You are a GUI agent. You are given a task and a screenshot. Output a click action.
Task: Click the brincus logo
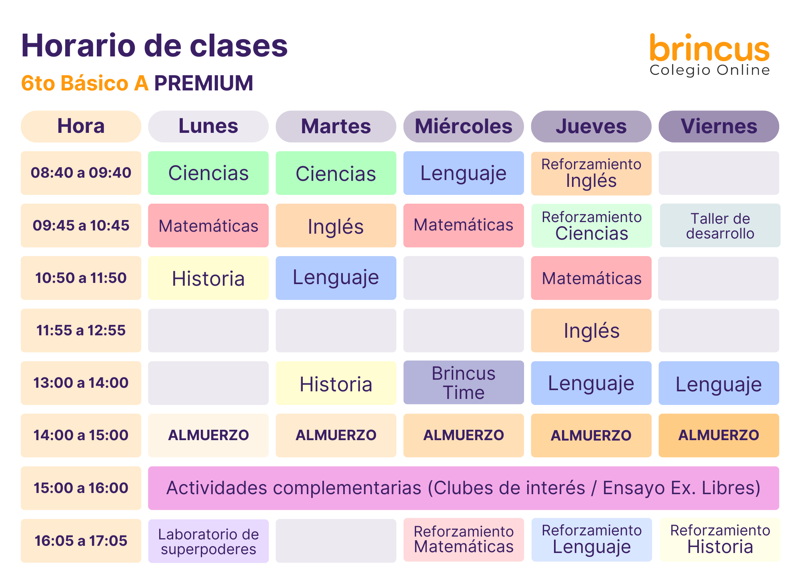[x=710, y=54]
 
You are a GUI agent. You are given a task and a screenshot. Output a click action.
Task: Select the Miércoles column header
[x=464, y=126]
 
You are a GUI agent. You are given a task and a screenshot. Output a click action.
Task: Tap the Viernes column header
[x=719, y=126]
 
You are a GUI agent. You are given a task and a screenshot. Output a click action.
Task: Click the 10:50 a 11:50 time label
[x=81, y=278]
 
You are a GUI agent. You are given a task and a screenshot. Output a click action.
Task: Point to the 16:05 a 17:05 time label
[x=81, y=541]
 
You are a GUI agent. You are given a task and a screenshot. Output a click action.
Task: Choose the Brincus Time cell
[x=464, y=383]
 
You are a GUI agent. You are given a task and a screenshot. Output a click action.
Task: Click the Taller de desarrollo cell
[x=720, y=226]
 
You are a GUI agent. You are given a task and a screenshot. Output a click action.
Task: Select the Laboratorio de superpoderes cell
[x=208, y=541]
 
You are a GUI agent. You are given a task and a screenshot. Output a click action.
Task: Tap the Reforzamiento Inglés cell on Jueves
[x=591, y=173]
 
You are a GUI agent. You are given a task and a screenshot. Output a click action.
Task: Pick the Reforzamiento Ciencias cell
[x=592, y=226]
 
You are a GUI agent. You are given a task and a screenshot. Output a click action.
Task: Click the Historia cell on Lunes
[x=208, y=278]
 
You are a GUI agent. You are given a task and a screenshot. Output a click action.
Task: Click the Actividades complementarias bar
[x=464, y=488]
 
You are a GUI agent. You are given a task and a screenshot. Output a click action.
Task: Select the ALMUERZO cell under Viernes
[x=719, y=435]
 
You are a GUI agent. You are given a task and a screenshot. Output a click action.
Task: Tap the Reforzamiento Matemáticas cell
[x=464, y=540]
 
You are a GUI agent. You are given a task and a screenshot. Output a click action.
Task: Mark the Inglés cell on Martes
[x=336, y=226]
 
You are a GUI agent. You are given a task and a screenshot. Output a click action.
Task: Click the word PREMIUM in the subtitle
[x=204, y=83]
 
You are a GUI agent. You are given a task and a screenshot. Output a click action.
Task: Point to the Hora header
[x=81, y=126]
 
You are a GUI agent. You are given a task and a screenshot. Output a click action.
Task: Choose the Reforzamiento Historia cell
[x=720, y=540]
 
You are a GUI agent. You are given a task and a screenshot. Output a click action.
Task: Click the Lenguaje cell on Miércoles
[x=464, y=173]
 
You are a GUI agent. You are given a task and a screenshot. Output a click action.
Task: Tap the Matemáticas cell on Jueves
[x=591, y=278]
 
